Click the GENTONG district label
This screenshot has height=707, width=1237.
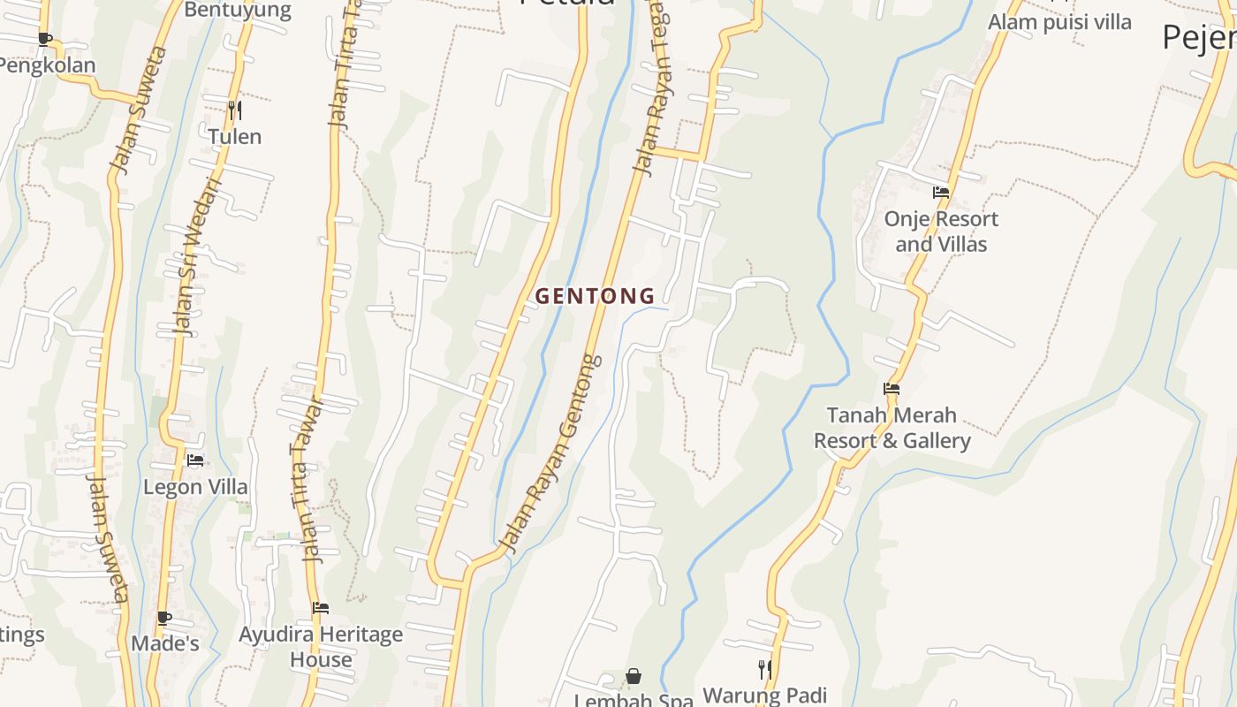click(595, 296)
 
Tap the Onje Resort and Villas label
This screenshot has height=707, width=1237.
click(941, 232)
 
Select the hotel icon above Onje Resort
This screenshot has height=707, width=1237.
click(941, 192)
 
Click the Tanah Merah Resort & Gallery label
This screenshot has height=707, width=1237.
click(892, 428)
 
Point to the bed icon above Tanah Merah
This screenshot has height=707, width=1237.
click(892, 388)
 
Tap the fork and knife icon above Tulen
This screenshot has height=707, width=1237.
click(235, 110)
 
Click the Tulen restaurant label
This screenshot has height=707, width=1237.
click(235, 137)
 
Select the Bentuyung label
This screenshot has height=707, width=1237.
click(238, 11)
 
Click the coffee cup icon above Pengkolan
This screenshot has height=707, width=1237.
click(45, 39)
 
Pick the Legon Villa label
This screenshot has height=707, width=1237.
click(195, 487)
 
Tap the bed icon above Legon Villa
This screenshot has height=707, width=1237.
click(195, 460)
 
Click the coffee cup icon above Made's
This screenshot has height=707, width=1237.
click(164, 618)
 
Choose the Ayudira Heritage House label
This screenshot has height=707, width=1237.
click(321, 647)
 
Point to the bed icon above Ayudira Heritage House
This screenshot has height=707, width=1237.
click(321, 608)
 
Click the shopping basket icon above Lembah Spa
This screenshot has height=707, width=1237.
click(634, 677)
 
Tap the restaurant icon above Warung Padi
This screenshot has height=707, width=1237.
click(765, 670)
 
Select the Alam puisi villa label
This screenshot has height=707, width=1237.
click(1059, 22)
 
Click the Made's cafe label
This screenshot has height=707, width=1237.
click(165, 643)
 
